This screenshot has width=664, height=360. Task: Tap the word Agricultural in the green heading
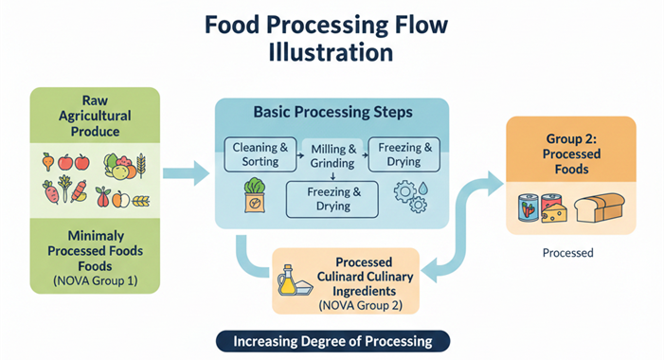coord(95,114)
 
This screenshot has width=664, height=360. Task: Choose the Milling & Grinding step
coord(332,154)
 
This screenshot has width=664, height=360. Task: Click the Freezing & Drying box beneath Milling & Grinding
coord(332,198)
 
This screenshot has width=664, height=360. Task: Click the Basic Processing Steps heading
coord(332,112)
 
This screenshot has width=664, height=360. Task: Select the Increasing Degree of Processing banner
coord(332,340)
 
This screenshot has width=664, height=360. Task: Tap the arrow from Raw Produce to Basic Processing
coord(187,172)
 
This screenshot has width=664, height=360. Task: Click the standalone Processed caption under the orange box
coord(567,253)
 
